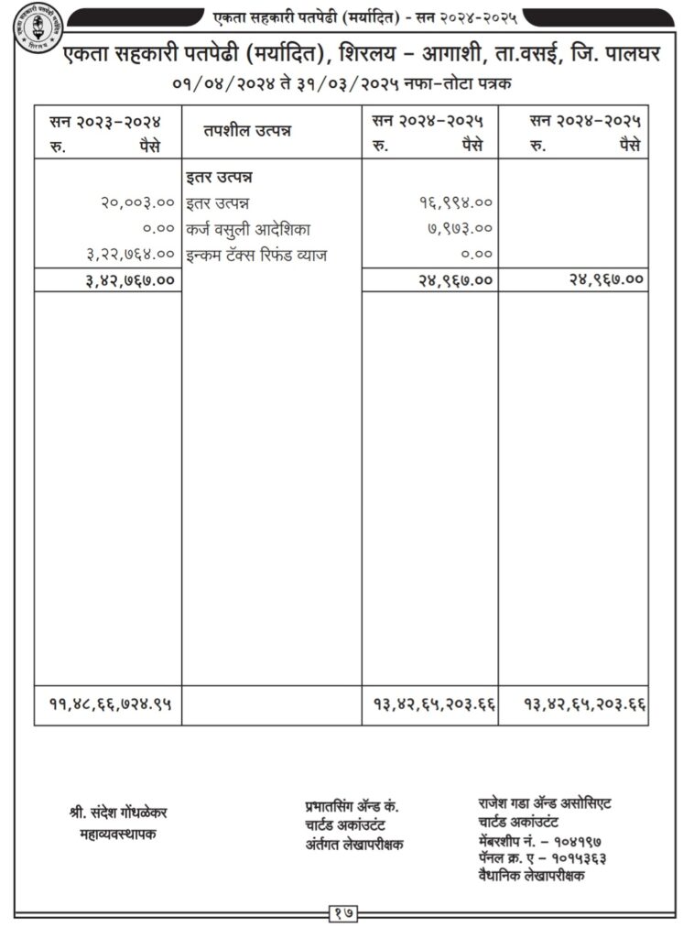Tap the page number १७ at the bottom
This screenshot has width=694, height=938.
click(x=344, y=912)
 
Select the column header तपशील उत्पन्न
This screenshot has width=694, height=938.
click(x=247, y=131)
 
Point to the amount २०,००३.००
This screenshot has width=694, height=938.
click(x=137, y=202)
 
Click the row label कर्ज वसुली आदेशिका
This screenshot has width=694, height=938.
click(x=242, y=229)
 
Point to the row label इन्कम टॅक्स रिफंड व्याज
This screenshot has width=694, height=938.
click(x=255, y=255)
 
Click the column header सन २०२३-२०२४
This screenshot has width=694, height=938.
click(x=106, y=120)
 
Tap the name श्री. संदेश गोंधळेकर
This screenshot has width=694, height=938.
click(x=118, y=813)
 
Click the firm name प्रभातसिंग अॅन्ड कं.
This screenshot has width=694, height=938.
click(x=352, y=806)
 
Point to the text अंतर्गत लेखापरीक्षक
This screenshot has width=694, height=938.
click(x=354, y=845)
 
